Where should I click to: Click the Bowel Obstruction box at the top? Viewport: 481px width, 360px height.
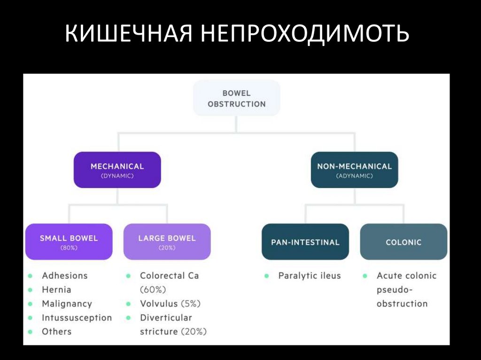pyautogui.click(x=236, y=98)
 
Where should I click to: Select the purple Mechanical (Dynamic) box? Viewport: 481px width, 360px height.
pyautogui.click(x=117, y=170)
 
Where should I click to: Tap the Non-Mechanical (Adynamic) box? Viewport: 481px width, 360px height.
pyautogui.click(x=354, y=170)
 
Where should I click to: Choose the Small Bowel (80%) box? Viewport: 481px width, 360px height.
pyautogui.click(x=69, y=242)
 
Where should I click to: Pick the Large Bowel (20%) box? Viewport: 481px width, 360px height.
pyautogui.click(x=167, y=242)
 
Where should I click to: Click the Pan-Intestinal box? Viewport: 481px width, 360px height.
pyautogui.click(x=305, y=242)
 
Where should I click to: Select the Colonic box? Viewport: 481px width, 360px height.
pyautogui.click(x=403, y=242)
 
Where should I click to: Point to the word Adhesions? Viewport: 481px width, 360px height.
pyautogui.click(x=64, y=276)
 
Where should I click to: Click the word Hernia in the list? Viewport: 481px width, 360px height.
pyautogui.click(x=56, y=290)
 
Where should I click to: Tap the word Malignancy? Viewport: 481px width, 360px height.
pyautogui.click(x=67, y=304)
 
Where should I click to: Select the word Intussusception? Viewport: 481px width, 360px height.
pyautogui.click(x=77, y=318)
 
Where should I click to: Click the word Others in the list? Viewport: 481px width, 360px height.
pyautogui.click(x=56, y=331)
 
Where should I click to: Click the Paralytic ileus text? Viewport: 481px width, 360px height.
pyautogui.click(x=309, y=276)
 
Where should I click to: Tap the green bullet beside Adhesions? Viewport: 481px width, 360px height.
pyautogui.click(x=31, y=276)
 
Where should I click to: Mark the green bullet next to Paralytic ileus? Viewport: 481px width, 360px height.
pyautogui.click(x=267, y=276)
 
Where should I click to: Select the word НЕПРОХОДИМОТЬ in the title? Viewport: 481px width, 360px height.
pyautogui.click(x=306, y=36)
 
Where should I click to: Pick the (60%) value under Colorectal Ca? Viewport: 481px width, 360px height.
pyautogui.click(x=153, y=290)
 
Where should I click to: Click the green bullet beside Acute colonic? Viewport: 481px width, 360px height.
pyautogui.click(x=365, y=276)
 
